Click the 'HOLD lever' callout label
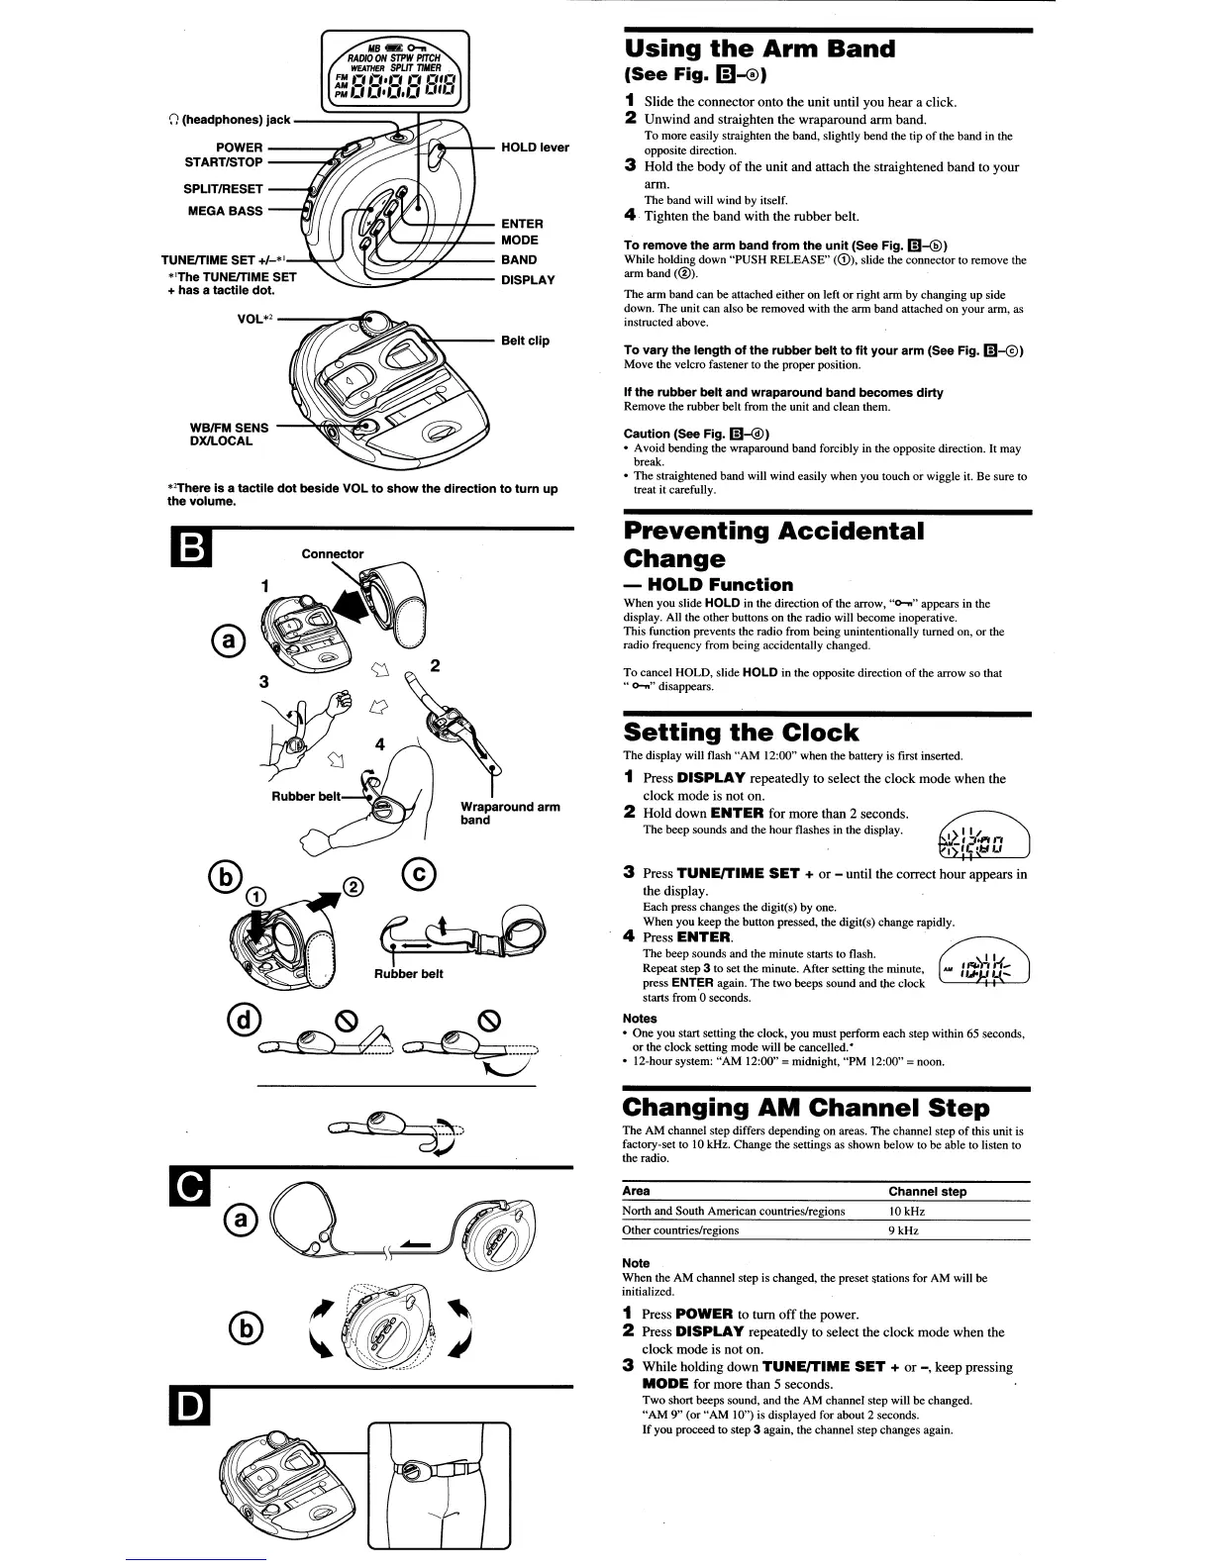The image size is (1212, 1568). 535,147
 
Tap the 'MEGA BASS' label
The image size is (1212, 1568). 225,211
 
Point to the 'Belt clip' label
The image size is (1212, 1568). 525,341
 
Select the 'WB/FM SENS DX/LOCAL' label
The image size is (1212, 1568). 228,435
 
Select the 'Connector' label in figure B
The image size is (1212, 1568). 333,554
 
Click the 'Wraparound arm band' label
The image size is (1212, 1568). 510,813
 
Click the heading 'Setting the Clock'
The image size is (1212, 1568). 741,733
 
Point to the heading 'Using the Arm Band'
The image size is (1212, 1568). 758,49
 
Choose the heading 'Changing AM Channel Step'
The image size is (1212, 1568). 805,1107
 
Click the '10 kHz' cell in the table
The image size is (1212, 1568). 907,1212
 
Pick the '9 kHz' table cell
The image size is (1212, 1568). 904,1230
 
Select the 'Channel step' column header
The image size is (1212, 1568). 927,1192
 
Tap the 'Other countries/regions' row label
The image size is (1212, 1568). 680,1230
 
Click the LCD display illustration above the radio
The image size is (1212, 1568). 395,74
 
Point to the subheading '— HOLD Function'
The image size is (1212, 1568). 708,585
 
